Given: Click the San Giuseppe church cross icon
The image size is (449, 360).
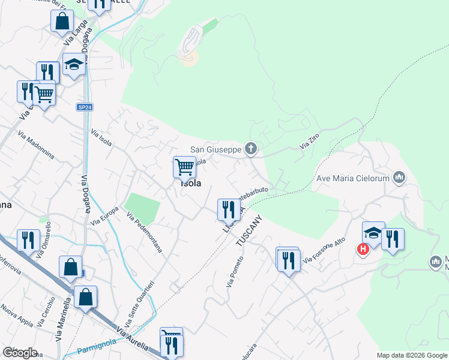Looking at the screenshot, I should click(x=252, y=149).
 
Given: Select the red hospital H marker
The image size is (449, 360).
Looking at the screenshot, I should click(x=363, y=248).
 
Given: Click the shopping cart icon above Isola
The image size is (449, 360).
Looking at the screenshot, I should click(x=185, y=166).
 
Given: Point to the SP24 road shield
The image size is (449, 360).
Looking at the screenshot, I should click(x=85, y=107).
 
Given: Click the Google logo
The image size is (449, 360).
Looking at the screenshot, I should click(x=20, y=353).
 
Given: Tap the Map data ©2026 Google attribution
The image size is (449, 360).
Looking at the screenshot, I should click(x=412, y=355).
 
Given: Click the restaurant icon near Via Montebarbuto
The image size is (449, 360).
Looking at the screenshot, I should click(x=228, y=209).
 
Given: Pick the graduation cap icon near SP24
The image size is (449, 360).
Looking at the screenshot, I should click(x=74, y=64).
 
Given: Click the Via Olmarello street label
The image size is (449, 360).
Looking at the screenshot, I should click(x=43, y=240).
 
